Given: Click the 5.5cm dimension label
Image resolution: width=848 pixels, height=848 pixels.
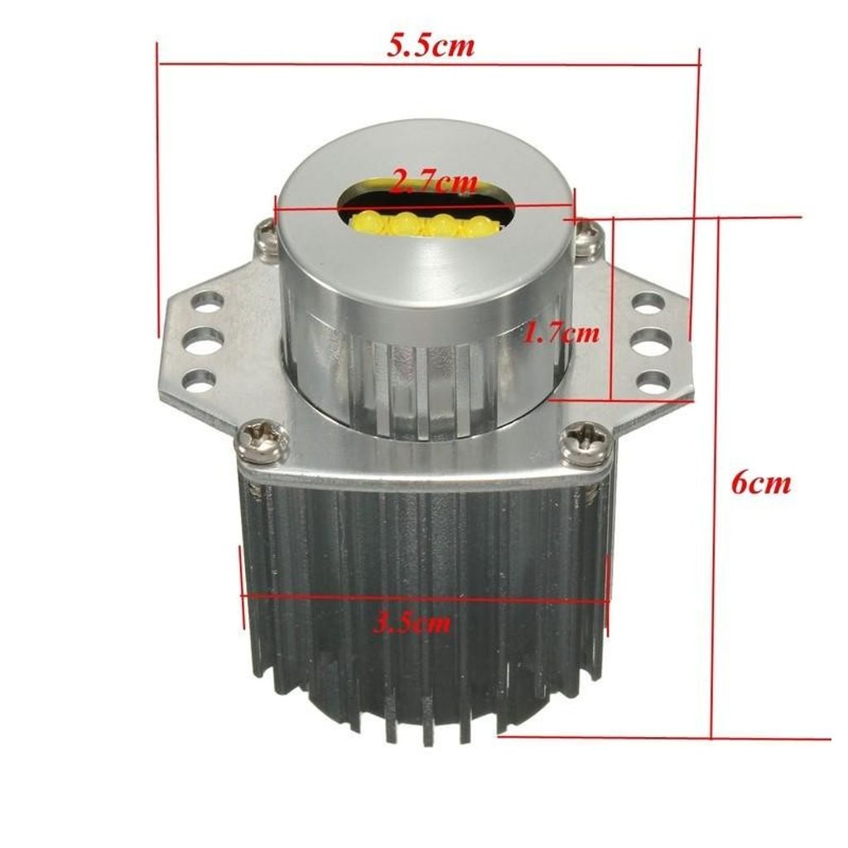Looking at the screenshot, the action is coord(430,46).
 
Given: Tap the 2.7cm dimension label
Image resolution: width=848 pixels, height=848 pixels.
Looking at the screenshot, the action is coord(434,183).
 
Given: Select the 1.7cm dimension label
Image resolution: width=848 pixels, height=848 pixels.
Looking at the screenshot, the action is coord(562,333).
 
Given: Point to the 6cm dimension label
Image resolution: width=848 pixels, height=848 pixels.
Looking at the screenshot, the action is coord(761,483).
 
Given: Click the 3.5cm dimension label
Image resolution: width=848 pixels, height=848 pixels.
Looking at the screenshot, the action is coord(412,624).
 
